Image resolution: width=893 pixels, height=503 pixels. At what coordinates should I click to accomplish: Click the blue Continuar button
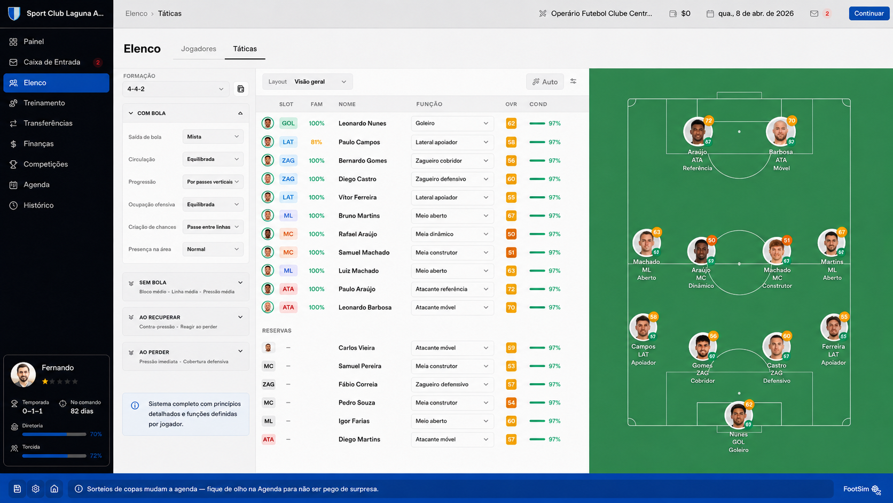click(868, 13)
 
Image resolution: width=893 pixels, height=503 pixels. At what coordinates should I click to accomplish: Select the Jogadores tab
click(199, 49)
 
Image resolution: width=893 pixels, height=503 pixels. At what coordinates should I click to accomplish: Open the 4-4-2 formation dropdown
click(175, 89)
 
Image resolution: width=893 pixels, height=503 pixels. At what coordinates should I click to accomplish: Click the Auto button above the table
click(545, 82)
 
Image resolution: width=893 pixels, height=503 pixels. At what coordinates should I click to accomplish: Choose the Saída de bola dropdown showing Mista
click(213, 137)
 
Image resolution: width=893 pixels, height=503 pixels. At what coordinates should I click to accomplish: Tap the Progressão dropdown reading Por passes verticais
click(213, 182)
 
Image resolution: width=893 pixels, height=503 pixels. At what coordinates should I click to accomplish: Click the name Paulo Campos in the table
click(359, 142)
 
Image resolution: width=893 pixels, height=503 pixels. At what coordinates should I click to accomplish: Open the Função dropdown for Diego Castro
click(452, 179)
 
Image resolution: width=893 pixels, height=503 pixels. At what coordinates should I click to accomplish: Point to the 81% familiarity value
click(316, 142)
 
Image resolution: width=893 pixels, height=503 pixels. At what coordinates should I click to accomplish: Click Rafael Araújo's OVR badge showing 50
click(511, 234)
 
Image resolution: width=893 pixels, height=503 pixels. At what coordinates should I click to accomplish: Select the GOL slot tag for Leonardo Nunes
click(288, 123)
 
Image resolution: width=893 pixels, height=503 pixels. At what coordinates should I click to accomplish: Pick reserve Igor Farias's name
click(354, 421)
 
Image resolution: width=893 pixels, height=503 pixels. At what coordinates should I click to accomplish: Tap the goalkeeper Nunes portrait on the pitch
click(738, 415)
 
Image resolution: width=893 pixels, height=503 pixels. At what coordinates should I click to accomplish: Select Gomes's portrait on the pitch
click(702, 346)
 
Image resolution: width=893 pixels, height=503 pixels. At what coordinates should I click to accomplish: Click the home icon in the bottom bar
click(54, 489)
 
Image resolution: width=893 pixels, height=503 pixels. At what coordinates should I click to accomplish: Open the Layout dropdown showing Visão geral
click(307, 82)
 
